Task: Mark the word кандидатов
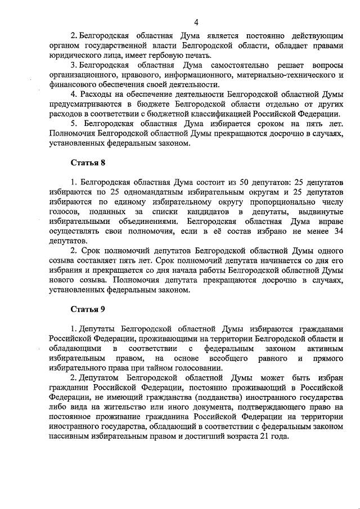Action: coord(208,211)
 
